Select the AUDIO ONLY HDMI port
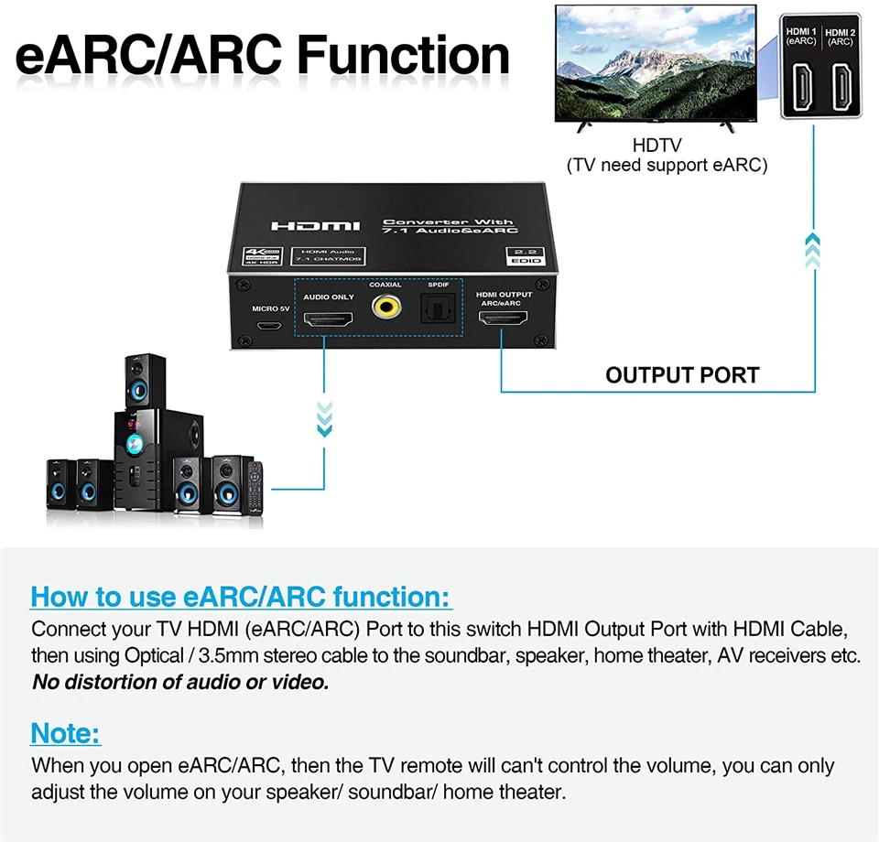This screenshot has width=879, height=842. [329, 320]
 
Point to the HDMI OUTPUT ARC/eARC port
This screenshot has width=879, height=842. [503, 321]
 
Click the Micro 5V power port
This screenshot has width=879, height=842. [268, 326]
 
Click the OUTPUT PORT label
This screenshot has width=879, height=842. [682, 375]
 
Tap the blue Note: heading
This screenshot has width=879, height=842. [66, 733]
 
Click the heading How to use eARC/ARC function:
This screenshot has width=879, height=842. [242, 597]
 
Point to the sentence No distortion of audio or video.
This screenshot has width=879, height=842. [180, 682]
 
